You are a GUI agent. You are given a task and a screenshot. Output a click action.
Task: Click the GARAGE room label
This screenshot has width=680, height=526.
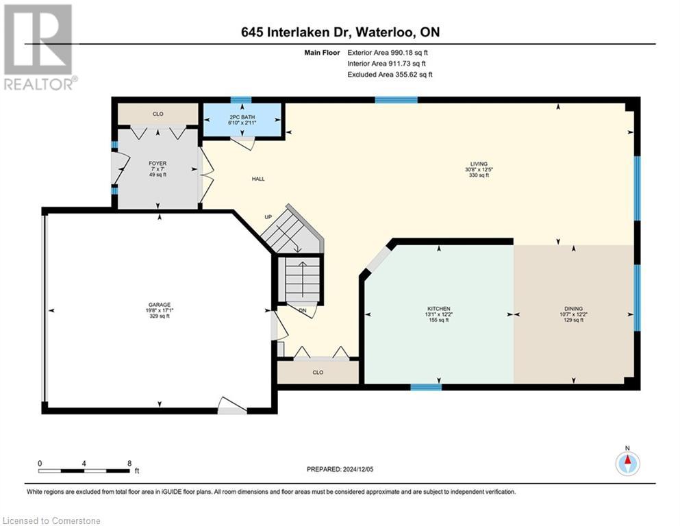click(160, 304)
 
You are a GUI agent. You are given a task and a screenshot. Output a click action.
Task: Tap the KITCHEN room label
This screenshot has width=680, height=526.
click(438, 309)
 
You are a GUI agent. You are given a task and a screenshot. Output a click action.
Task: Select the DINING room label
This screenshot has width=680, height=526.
click(573, 309)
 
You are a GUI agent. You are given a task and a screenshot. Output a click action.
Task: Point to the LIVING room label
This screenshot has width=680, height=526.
click(479, 164)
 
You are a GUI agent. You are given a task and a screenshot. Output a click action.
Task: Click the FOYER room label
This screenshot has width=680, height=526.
click(158, 164)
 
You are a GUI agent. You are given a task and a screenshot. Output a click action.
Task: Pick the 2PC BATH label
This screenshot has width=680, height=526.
click(242, 117)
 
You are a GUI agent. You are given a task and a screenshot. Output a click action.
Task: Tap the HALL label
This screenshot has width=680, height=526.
click(258, 179)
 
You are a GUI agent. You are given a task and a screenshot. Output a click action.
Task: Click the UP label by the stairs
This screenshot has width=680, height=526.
click(268, 217)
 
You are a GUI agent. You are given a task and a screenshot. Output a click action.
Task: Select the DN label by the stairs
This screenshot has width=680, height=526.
click(303, 310)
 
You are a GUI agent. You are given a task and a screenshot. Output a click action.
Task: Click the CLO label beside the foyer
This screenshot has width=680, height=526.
click(158, 114)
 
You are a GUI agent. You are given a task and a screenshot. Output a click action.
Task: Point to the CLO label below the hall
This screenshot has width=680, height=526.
click(318, 373)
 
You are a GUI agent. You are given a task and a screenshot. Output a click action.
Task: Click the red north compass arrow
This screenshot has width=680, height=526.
click(627, 460)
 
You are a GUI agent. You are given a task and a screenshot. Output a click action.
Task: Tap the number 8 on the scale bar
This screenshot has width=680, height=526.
click(129, 463)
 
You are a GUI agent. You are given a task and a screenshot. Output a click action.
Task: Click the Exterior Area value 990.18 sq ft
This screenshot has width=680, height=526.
click(409, 53)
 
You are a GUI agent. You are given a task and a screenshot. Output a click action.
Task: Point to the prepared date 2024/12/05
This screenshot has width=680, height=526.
click(357, 469)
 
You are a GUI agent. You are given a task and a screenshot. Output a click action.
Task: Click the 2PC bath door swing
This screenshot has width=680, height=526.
click(242, 143)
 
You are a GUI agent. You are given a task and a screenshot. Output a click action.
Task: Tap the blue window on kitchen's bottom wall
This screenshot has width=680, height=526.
click(426, 387)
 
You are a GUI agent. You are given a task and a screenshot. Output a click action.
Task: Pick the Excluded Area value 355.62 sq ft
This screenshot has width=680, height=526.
click(414, 75)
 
